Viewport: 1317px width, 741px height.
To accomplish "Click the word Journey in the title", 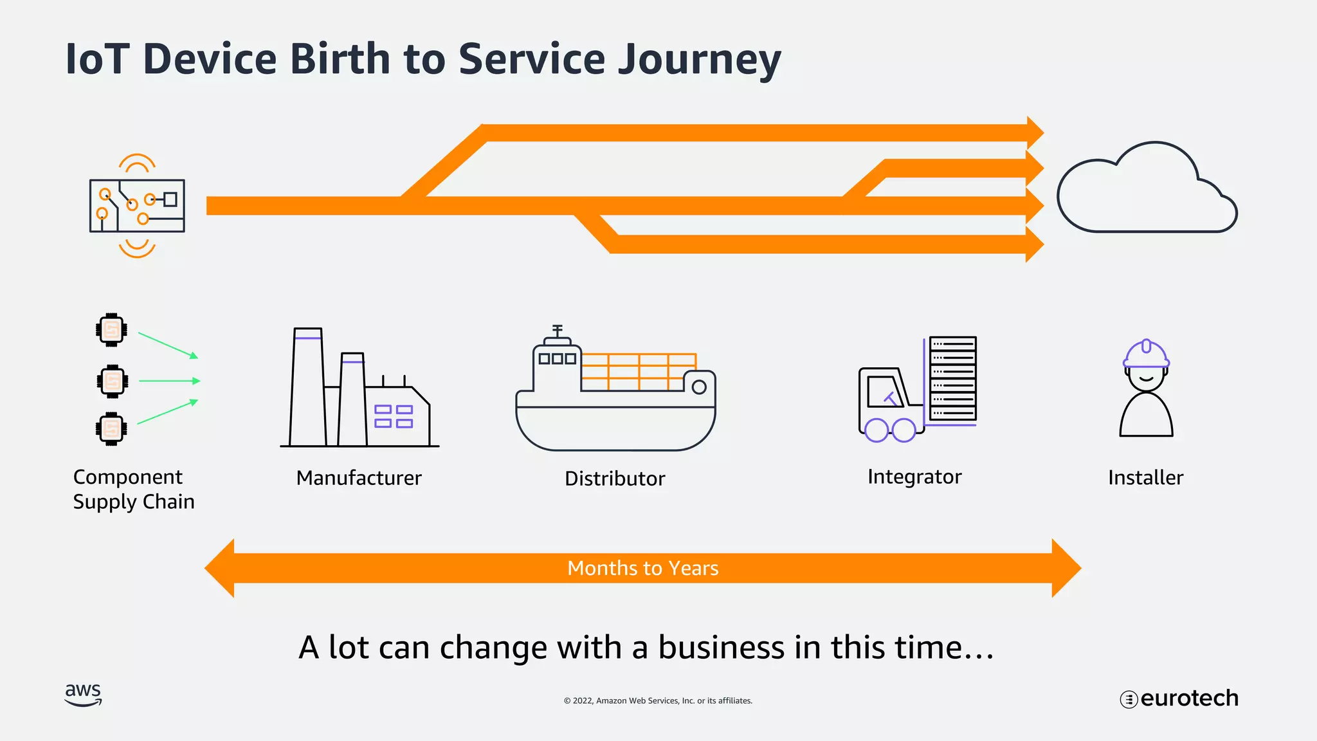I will pyautogui.click(x=699, y=59).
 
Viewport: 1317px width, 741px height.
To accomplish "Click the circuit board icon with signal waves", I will pyautogui.click(x=137, y=206).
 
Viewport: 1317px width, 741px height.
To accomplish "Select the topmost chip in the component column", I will pyautogui.click(x=111, y=330).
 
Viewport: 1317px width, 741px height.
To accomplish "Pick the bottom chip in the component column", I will pyautogui.click(x=111, y=428).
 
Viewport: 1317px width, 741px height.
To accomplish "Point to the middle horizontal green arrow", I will pyautogui.click(x=169, y=381).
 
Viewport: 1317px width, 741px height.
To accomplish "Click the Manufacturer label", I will pyautogui.click(x=359, y=478).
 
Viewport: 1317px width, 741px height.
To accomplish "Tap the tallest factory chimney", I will pyautogui.click(x=307, y=386).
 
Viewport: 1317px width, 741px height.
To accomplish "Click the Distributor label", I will pyautogui.click(x=615, y=479).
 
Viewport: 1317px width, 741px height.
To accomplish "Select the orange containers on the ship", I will pyautogui.click(x=638, y=372).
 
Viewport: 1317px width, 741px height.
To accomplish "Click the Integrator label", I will pyautogui.click(x=914, y=477).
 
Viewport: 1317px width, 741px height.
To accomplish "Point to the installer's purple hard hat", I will pyautogui.click(x=1146, y=354).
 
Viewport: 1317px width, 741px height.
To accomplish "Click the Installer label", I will pyautogui.click(x=1145, y=478).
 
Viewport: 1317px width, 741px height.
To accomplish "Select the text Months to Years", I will pyautogui.click(x=643, y=568).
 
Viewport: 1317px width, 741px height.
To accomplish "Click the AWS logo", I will pyautogui.click(x=84, y=695).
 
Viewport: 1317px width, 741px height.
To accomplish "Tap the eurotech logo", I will pyautogui.click(x=1179, y=699).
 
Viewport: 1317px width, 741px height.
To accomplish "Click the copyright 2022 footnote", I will pyautogui.click(x=658, y=700).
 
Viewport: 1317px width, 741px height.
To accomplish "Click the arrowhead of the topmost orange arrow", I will pyautogui.click(x=1035, y=133).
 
